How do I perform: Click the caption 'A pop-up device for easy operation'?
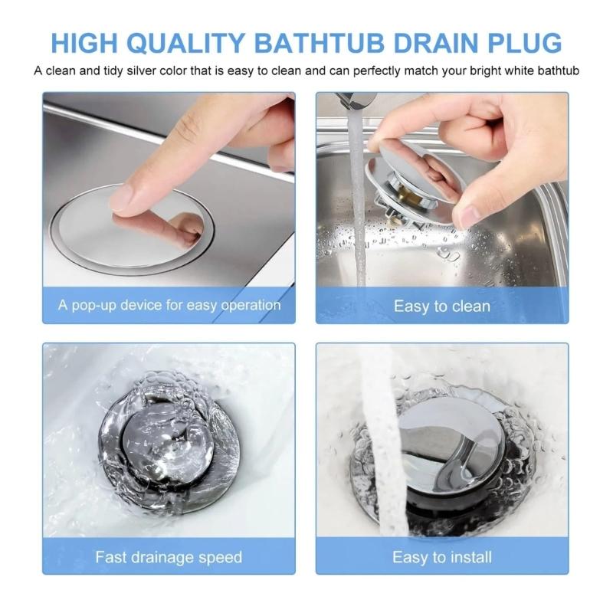coord(169,305)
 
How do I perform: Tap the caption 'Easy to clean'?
coord(442,306)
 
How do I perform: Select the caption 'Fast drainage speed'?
coord(169,556)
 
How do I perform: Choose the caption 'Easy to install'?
coord(442,556)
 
